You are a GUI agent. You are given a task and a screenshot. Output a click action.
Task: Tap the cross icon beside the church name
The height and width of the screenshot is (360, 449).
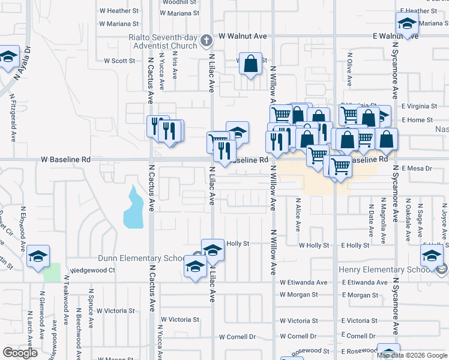point(206,41)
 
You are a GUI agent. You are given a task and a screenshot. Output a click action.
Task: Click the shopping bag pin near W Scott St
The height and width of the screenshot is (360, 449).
point(252,62)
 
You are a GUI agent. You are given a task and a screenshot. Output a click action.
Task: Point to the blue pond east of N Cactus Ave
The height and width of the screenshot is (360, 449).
point(133,208)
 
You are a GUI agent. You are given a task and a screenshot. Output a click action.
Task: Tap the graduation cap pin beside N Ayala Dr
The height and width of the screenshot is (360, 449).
point(8,58)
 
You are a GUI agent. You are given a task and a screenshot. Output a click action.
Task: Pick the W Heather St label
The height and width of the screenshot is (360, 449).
point(119,11)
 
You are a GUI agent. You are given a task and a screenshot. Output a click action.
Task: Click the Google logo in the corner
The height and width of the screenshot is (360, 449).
point(20,353)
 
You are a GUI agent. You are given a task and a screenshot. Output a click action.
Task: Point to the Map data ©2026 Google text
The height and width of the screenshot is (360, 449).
point(412,355)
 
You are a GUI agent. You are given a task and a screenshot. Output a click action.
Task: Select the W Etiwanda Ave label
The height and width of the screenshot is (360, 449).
point(303,282)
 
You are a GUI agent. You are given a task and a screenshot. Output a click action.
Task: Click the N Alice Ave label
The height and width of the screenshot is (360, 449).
point(298,217)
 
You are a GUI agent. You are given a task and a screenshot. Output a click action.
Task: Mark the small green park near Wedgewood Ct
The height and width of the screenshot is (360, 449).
point(52,272)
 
